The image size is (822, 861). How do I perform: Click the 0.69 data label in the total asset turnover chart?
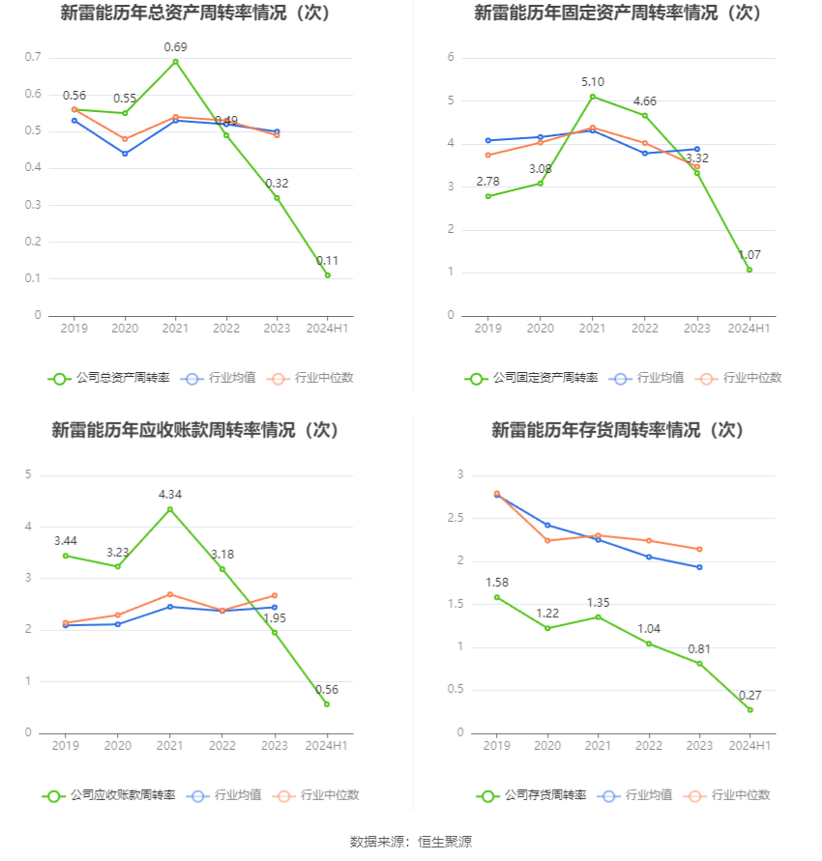click(x=175, y=46)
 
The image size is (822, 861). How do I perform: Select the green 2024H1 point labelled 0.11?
click(x=327, y=275)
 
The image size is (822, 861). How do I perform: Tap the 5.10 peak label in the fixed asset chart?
click(x=593, y=81)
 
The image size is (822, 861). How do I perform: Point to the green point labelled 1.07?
click(x=749, y=270)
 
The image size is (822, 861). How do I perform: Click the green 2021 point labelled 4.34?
click(x=170, y=509)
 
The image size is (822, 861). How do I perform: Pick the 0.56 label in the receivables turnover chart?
click(x=327, y=689)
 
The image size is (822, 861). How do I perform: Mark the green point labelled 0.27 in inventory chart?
click(x=749, y=710)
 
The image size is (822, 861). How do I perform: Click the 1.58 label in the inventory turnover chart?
click(x=496, y=582)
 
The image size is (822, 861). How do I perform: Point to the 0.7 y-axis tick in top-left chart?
click(x=33, y=57)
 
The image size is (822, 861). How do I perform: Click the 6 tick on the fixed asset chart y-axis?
click(x=451, y=57)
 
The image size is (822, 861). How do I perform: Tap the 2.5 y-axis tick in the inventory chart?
click(x=455, y=518)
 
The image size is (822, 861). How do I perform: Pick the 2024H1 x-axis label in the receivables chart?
click(x=327, y=746)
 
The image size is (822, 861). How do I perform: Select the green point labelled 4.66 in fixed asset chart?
click(x=645, y=116)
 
